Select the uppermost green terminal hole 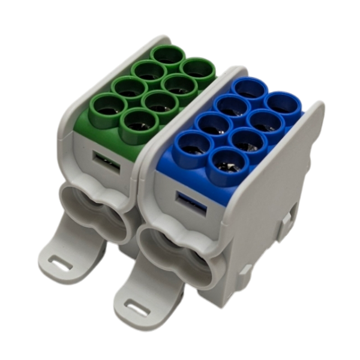click(167, 56)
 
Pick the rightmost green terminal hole click(198, 71)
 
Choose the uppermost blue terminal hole click(250, 91)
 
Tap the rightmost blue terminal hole click(282, 104)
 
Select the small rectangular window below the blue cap click(191, 202)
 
